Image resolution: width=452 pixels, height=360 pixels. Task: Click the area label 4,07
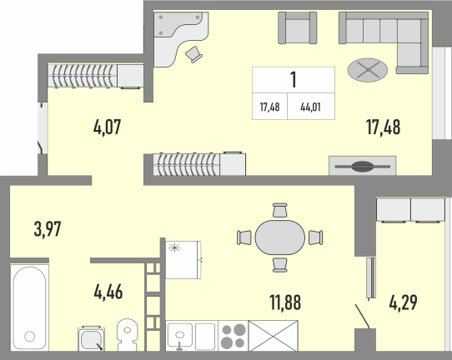coord(108,127)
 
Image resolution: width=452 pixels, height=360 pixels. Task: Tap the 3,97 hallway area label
coord(48,229)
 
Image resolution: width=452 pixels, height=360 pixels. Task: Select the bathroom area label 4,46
coord(108,292)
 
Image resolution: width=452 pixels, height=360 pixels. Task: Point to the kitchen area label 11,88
coord(285,302)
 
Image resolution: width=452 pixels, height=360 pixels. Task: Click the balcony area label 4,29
coord(403,302)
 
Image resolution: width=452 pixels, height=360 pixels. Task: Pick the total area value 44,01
coord(310,107)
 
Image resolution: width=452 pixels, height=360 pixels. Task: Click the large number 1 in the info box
coord(294,80)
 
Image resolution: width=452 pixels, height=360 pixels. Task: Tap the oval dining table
coord(280,237)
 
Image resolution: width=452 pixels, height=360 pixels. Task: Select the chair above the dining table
coord(280,210)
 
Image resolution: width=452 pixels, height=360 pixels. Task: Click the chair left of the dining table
coord(244,237)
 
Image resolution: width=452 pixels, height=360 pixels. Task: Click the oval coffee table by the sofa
coord(368,70)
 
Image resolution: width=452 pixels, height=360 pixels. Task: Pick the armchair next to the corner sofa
coord(298,28)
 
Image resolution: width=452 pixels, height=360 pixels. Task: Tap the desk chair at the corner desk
coord(193,54)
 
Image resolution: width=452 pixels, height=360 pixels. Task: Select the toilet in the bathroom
coord(127,335)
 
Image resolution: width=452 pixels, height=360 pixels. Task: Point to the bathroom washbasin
coord(91,339)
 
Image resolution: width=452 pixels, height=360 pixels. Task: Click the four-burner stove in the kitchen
coord(233,336)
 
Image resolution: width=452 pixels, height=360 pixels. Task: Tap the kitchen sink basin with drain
coord(180,335)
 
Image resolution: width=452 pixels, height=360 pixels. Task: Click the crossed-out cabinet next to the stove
coord(273,336)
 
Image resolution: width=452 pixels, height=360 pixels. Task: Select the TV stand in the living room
coord(362,166)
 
